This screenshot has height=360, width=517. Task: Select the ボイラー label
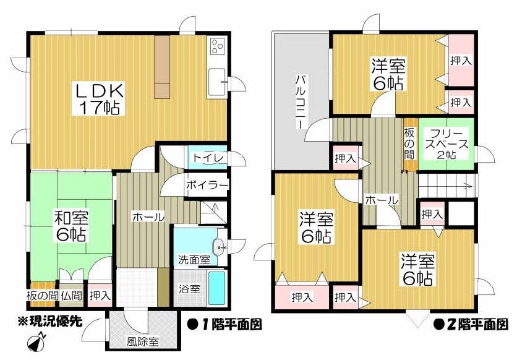(x=207, y=184)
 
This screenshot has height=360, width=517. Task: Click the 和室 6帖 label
(x=70, y=226)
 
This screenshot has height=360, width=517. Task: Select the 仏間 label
(x=72, y=296)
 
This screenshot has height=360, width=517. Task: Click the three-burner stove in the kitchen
(x=218, y=47)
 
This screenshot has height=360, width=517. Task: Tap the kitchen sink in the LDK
(x=217, y=81)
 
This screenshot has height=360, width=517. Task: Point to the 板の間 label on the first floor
(x=41, y=296)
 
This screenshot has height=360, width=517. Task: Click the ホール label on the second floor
(x=381, y=200)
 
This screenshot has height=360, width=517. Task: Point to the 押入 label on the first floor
(x=100, y=296)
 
